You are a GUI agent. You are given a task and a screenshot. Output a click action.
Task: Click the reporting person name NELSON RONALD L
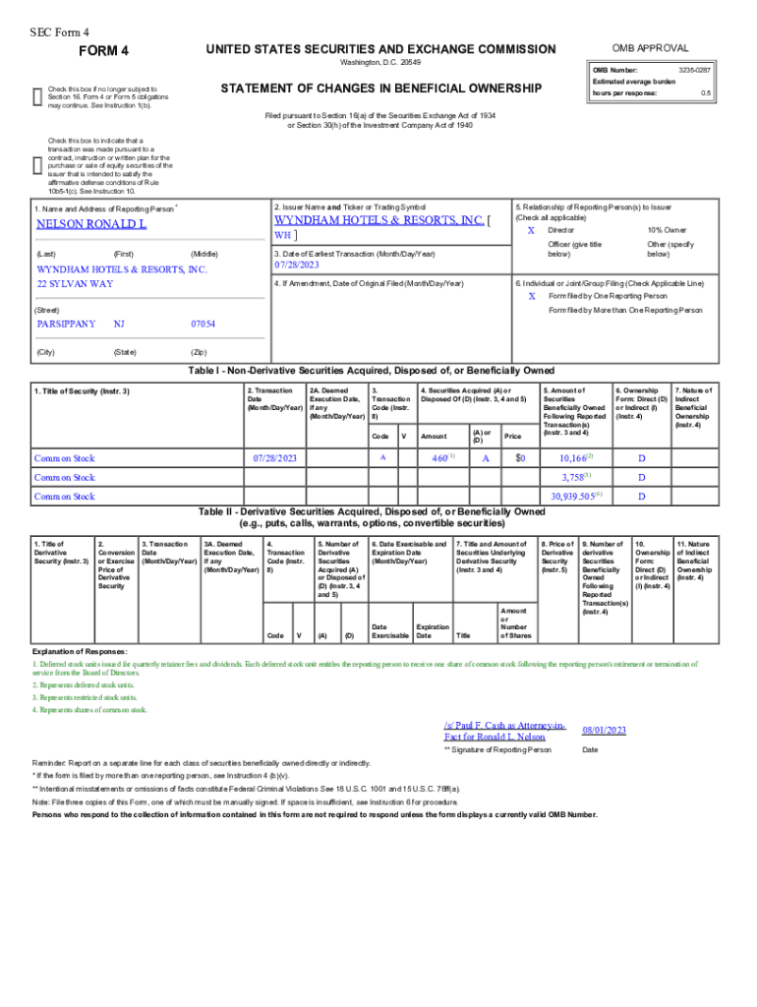tap(91, 224)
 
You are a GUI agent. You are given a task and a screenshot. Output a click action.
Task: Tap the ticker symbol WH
tap(282, 235)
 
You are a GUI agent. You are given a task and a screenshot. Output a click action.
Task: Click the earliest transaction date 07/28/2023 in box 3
tap(298, 266)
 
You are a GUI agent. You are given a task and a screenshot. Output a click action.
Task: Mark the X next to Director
tap(532, 229)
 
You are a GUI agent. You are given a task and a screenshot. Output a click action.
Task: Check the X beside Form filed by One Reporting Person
tap(532, 296)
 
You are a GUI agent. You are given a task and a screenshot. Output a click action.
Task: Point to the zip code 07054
tap(204, 324)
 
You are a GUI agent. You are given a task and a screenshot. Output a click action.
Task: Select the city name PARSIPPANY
tap(66, 324)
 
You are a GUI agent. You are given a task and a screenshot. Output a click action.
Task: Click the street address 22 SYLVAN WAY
tap(75, 283)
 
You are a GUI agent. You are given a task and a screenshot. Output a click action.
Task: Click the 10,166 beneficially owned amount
tap(574, 458)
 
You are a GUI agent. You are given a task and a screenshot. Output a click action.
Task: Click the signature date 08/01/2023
tap(604, 731)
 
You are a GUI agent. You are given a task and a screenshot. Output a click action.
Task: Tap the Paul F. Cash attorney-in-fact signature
tap(504, 731)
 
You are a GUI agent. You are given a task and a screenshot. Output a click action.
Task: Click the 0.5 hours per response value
tap(705, 93)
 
